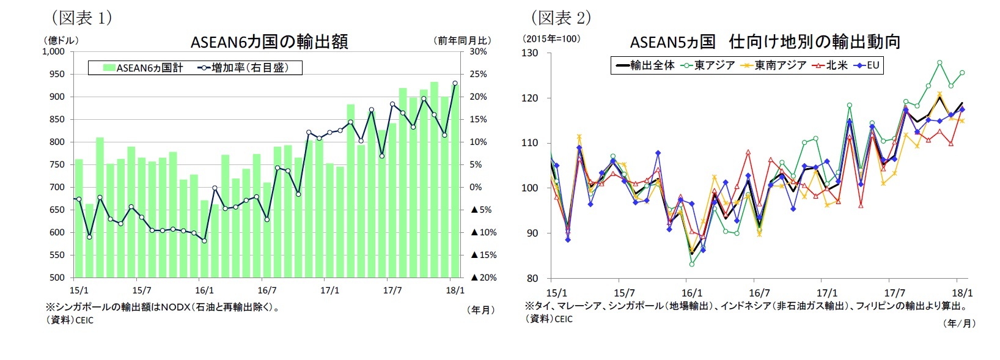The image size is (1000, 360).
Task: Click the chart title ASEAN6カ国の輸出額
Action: click(x=269, y=42)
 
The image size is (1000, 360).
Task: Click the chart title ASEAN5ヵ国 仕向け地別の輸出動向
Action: click(x=765, y=42)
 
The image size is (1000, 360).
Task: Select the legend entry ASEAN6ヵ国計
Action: click(x=143, y=68)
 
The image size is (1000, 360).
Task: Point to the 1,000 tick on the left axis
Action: click(x=53, y=52)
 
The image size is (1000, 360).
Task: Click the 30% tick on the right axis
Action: click(x=478, y=52)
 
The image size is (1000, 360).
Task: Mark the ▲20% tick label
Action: click(x=483, y=277)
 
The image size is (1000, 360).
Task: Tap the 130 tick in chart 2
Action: click(x=530, y=53)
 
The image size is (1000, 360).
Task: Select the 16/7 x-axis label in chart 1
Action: click(x=267, y=290)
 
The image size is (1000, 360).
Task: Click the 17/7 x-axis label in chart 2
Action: click(x=894, y=293)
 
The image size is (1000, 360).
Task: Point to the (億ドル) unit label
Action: click(x=61, y=40)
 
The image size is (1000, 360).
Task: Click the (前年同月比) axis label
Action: click(x=463, y=40)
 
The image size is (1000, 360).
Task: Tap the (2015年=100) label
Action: click(x=551, y=39)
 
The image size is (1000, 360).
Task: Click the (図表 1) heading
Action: click(x=81, y=17)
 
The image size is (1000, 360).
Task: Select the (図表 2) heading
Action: click(x=561, y=17)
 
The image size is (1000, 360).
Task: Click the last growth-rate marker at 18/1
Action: click(x=455, y=83)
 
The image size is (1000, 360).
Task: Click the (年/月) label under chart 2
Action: click(x=959, y=323)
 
